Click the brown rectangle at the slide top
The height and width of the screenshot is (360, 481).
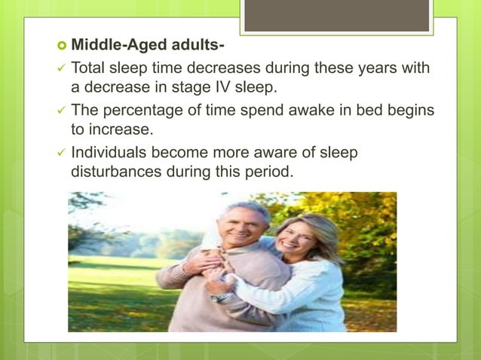336,15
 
